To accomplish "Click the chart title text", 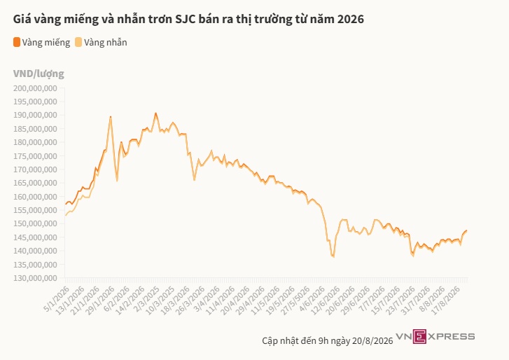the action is tap(188, 19).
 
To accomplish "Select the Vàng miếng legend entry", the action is tap(41, 43).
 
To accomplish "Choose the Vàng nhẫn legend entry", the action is tap(101, 43).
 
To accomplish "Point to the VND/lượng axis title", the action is tap(39, 74).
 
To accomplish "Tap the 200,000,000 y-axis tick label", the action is tap(35, 88).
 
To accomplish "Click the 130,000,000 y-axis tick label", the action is tap(35, 278).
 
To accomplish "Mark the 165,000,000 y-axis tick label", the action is tap(35, 183).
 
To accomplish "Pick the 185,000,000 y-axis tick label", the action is tap(35, 129).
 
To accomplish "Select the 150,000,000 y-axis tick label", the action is tap(35, 223).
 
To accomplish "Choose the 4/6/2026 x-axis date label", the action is tap(312, 298).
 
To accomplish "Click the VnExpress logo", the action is tap(435, 337).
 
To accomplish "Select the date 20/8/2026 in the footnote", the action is tap(372, 341).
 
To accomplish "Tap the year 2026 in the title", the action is tap(351, 19).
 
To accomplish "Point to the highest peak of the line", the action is tap(156, 113).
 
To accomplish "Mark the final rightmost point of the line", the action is tap(467, 230).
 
